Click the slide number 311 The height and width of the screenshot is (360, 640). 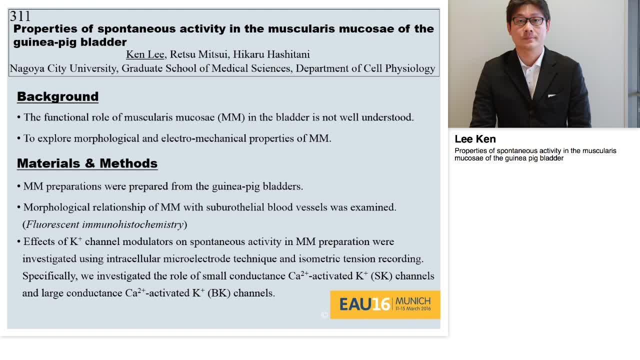20,16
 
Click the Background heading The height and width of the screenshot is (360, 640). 57,96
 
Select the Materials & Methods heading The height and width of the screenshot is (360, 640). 87,163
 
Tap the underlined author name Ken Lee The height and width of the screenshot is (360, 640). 144,54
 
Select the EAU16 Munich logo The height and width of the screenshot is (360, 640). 385,304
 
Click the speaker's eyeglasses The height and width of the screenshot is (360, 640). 528,21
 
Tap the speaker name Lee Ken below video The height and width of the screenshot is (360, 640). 475,139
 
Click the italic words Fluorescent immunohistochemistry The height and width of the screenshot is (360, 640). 105,224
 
